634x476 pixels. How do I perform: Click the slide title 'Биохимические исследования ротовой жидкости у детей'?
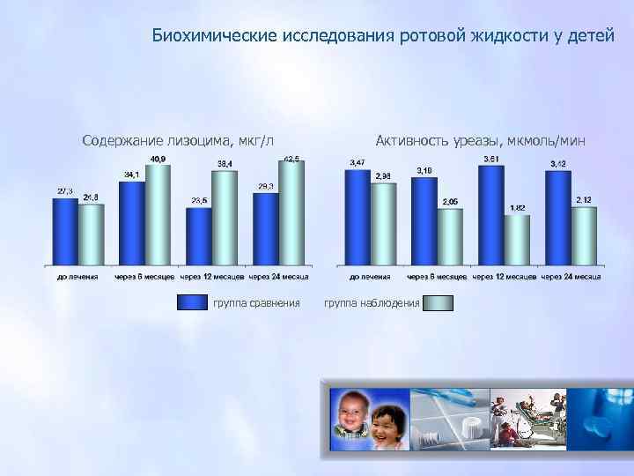[382, 36]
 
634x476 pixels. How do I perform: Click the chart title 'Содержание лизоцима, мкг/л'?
[178, 140]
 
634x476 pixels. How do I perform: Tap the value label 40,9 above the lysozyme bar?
[158, 159]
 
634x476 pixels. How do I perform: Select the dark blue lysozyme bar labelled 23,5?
[199, 235]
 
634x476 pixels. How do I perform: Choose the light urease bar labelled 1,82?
[517, 239]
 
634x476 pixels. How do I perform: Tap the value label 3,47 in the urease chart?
[358, 163]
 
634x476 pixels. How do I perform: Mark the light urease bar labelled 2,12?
[584, 235]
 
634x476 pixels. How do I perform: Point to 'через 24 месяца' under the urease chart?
[571, 277]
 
